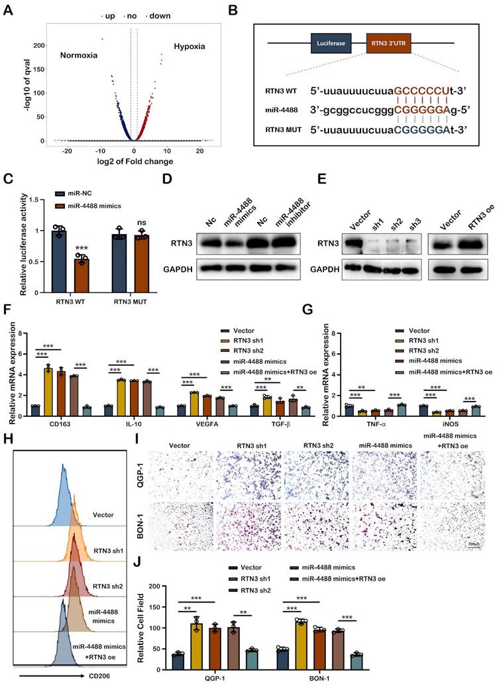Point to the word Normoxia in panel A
tap(79, 55)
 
